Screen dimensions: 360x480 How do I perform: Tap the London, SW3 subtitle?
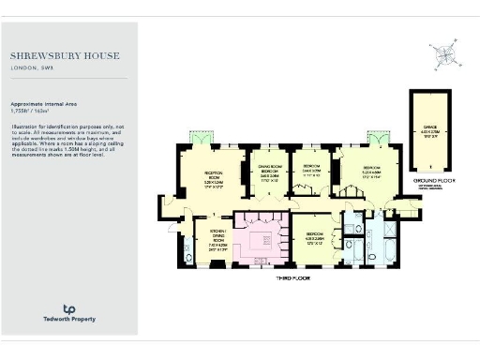coord(31,68)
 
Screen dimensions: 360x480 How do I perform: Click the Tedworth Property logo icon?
coord(67,309)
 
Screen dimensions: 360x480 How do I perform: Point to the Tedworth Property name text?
coord(67,321)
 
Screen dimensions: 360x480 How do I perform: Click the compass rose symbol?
coord(444,56)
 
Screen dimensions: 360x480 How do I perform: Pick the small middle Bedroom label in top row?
coord(311,170)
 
